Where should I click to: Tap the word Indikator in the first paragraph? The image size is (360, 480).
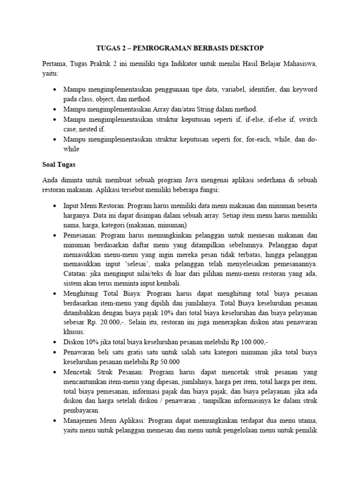pyautogui.click(x=176, y=64)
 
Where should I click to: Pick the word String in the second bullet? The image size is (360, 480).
pyautogui.click(x=191, y=109)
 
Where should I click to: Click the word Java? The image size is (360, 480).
pyautogui.click(x=206, y=180)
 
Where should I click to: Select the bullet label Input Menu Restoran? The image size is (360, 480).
pyautogui.click(x=94, y=206)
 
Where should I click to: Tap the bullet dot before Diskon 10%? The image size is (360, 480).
pyautogui.click(x=56, y=343)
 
